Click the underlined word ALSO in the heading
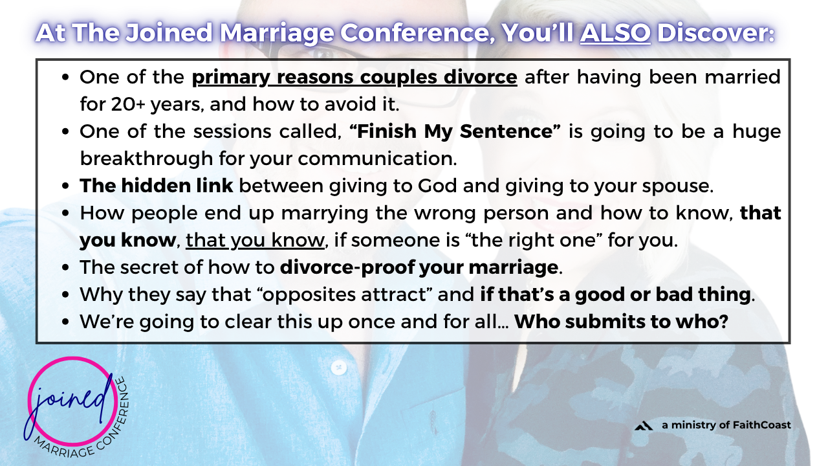tap(615, 32)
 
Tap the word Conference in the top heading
tap(417, 33)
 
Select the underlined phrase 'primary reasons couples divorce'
tap(354, 78)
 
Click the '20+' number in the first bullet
tap(128, 104)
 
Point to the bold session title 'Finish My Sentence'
tap(455, 131)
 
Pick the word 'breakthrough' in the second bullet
tap(146, 159)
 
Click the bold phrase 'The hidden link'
tap(157, 185)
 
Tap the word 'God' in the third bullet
tap(437, 185)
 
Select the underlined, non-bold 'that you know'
tap(255, 240)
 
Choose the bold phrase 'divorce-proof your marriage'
tap(419, 267)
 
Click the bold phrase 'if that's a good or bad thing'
tap(615, 294)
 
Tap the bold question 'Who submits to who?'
tap(621, 322)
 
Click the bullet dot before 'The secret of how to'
tap(66, 268)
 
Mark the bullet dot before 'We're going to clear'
tap(66, 322)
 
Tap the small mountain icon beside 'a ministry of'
tap(644, 426)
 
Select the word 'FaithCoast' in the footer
tap(761, 425)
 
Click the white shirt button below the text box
tap(338, 368)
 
